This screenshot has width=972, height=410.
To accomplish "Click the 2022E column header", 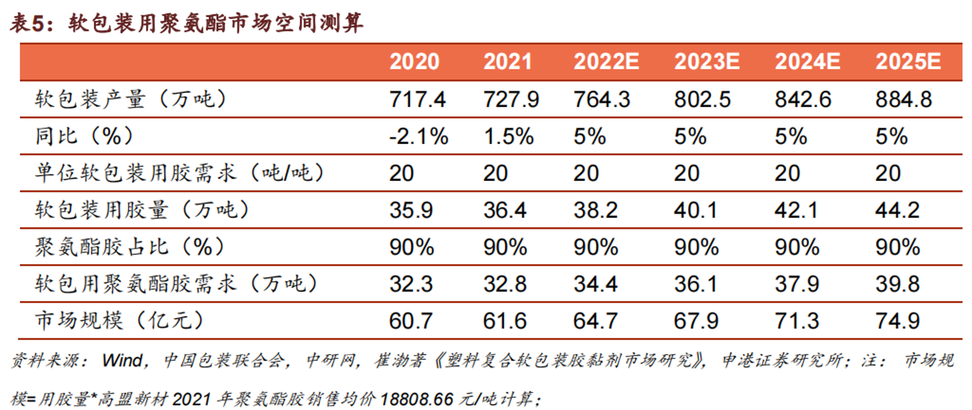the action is [606, 62].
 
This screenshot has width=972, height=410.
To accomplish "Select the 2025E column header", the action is [908, 62].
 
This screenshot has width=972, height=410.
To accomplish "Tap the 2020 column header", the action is [414, 62].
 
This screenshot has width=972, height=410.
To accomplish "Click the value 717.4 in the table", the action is [417, 99].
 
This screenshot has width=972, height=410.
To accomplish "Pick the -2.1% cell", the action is [419, 136].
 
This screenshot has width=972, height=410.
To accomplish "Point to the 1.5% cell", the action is [508, 136].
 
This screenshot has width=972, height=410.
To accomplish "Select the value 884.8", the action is [904, 99].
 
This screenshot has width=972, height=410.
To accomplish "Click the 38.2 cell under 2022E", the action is [595, 210].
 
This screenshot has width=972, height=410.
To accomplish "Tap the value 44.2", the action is [898, 210].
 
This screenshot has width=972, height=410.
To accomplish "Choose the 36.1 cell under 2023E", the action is [696, 284].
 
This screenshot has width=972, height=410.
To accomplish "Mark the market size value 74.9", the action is [898, 321].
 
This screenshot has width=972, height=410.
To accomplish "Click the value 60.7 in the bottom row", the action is [411, 321].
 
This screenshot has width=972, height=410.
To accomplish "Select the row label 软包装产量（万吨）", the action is [131, 99].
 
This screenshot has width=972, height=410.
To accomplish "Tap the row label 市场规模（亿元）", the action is [119, 321].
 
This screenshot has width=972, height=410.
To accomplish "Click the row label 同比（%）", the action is [84, 136].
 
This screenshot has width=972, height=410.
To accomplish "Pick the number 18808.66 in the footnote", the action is [417, 399].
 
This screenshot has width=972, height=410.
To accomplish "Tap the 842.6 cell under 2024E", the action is [803, 99].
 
